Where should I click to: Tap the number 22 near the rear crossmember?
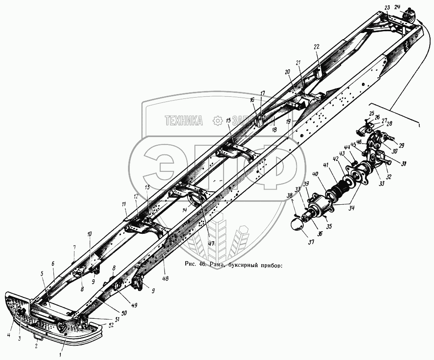(x=316, y=47)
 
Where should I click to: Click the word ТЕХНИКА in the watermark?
(x=184, y=121)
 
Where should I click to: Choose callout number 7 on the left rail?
(x=74, y=248)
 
